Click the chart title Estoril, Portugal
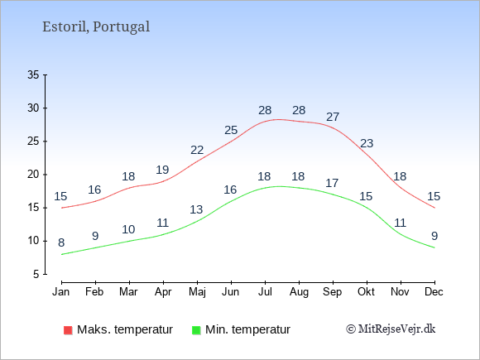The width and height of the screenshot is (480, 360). pyautogui.click(x=96, y=26)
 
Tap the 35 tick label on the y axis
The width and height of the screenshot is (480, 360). pyautogui.click(x=33, y=74)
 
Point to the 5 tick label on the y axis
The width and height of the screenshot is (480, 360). pyautogui.click(x=36, y=274)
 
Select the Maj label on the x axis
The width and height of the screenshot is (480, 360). pyautogui.click(x=197, y=292)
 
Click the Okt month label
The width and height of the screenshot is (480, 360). pyautogui.click(x=366, y=292)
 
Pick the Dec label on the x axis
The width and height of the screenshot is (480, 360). pyautogui.click(x=434, y=292)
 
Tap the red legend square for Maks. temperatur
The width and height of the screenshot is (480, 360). pyautogui.click(x=68, y=330)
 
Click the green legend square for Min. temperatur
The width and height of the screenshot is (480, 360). pyautogui.click(x=196, y=330)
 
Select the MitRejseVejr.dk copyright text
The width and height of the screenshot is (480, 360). pyautogui.click(x=391, y=329)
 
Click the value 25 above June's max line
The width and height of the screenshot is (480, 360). pyautogui.click(x=231, y=130)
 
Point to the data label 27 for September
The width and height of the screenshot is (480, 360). pyautogui.click(x=333, y=117)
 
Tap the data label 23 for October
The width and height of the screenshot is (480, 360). pyautogui.click(x=367, y=143)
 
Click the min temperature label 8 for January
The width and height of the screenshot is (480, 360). pyautogui.click(x=61, y=242)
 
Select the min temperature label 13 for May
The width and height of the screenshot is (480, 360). pyautogui.click(x=196, y=209)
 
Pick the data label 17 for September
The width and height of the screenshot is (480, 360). pyautogui.click(x=332, y=183)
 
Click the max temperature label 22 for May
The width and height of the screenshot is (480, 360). pyautogui.click(x=197, y=150)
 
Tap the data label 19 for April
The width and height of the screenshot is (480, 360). pyautogui.click(x=162, y=170)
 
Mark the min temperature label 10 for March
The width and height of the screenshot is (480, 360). pyautogui.click(x=128, y=229)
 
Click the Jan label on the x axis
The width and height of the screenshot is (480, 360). pyautogui.click(x=61, y=292)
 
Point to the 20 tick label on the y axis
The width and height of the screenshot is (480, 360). pyautogui.click(x=33, y=175)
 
